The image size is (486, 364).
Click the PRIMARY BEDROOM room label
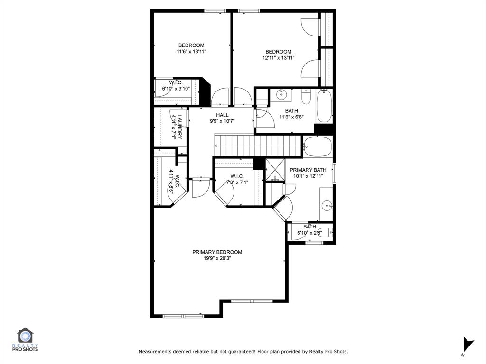[217, 252]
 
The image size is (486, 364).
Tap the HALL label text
[222, 115]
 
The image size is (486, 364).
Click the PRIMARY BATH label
[308, 170]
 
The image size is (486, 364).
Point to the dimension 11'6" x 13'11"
[191, 52]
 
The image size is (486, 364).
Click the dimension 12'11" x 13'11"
[278, 58]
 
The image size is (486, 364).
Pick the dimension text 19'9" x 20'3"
[217, 258]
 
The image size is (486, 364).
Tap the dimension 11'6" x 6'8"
[291, 117]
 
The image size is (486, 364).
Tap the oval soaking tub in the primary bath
[318, 146]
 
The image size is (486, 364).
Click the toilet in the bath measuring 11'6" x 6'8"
[306, 97]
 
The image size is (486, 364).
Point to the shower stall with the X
[275, 169]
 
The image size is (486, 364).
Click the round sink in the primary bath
[327, 205]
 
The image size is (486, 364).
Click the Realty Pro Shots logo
[25, 339]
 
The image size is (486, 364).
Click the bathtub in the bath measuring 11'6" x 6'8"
[324, 105]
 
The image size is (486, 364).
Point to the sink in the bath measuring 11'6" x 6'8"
[281, 95]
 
